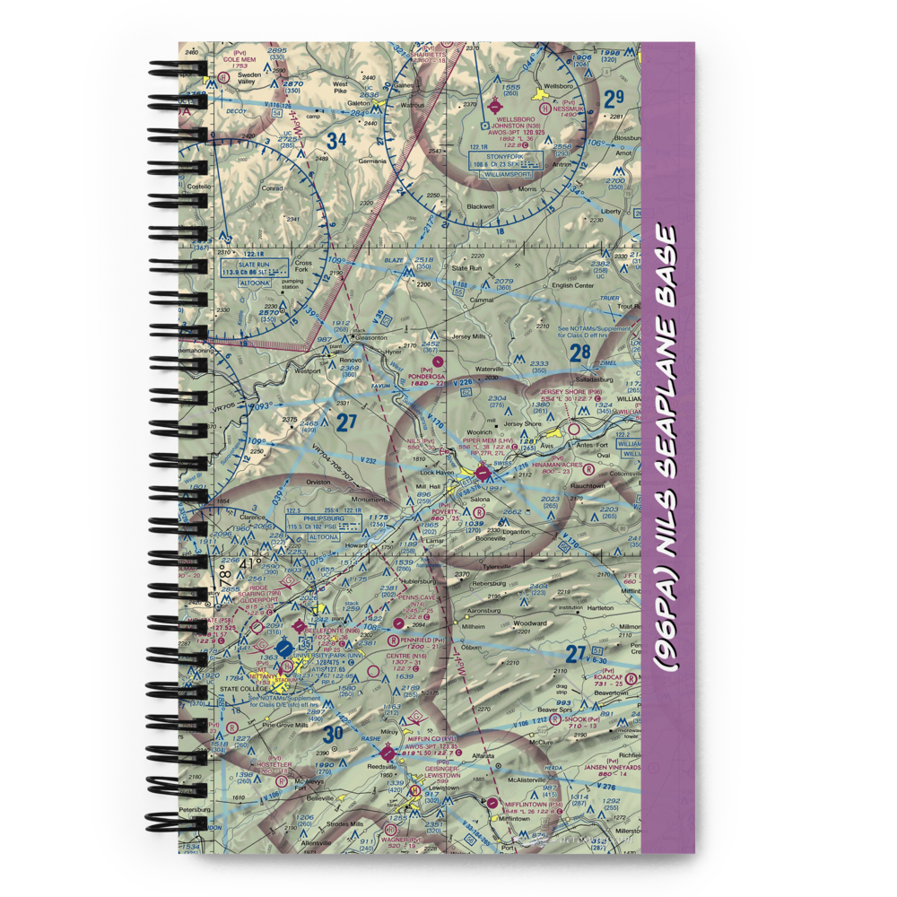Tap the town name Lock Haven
438,472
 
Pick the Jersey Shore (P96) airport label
570,392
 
